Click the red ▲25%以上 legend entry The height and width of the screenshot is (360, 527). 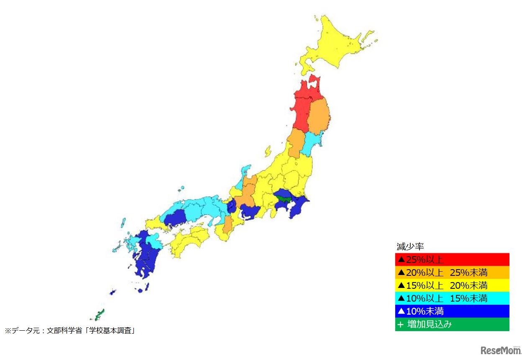pyautogui.click(x=452, y=260)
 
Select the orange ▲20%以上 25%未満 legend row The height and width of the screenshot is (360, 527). pyautogui.click(x=452, y=273)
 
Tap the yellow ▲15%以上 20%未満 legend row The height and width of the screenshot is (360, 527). pyautogui.click(x=452, y=285)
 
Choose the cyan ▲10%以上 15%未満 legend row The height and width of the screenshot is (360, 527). pyautogui.click(x=452, y=298)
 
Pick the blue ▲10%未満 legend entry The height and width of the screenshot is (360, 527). pyautogui.click(x=452, y=311)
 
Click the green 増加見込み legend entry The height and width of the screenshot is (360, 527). pyautogui.click(x=452, y=324)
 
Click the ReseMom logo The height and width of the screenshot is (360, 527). pyautogui.click(x=500, y=350)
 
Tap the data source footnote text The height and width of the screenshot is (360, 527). pyautogui.click(x=72, y=331)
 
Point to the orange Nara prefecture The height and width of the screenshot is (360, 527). pyautogui.click(x=228, y=225)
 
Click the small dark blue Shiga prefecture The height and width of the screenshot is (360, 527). pyautogui.click(x=231, y=206)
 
